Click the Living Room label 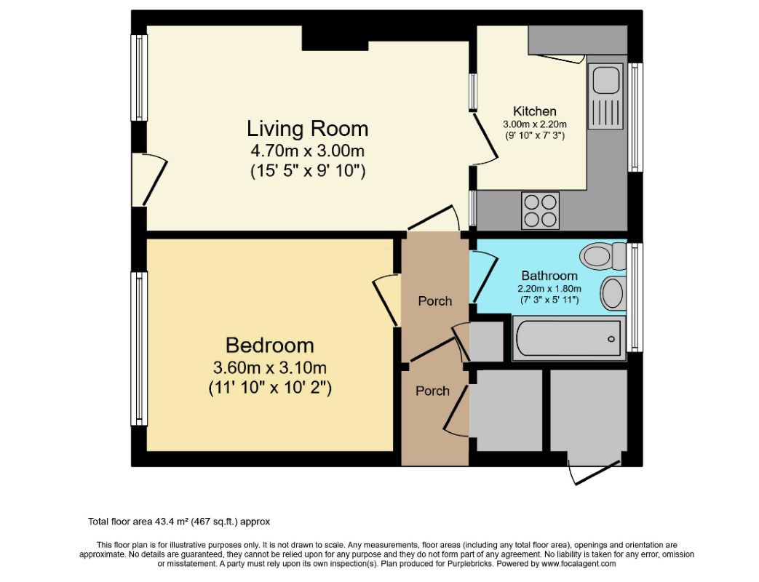click(307, 129)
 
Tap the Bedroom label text click(270, 346)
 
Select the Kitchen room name click(534, 111)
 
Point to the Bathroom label click(549, 276)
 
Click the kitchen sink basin click(605, 80)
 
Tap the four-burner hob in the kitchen click(540, 210)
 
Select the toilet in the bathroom click(605, 255)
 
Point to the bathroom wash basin click(613, 293)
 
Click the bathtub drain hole click(611, 339)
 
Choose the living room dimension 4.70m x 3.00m click(307, 151)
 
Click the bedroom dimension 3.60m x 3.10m click(270, 367)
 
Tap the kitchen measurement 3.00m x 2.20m click(534, 124)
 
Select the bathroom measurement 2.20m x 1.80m click(549, 289)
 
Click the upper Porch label click(435, 301)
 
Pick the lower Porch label click(432, 391)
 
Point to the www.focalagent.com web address click(579, 564)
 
